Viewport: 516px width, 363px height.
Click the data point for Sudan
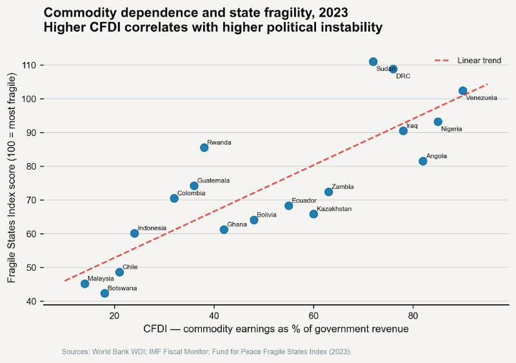tap(373, 62)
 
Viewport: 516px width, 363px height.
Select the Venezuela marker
tap(462, 91)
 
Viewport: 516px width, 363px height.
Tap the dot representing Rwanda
tap(204, 148)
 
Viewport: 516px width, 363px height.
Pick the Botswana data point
tap(104, 293)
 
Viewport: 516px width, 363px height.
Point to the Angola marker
tap(423, 161)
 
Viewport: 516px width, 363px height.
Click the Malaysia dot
tap(84, 284)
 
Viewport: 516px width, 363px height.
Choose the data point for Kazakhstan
tap(313, 214)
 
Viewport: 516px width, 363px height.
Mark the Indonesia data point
tap(134, 233)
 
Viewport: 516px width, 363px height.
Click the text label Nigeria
tap(451, 129)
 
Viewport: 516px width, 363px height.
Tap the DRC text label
tap(402, 76)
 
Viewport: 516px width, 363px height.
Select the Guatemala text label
tap(213, 181)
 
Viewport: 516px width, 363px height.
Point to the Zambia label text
tap(342, 187)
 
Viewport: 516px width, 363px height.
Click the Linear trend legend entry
tap(479, 61)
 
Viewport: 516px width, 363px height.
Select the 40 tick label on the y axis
tap(32, 301)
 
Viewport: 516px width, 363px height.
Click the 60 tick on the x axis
tap(313, 315)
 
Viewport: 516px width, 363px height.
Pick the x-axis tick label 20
tap(114, 315)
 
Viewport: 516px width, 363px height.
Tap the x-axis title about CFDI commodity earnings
tap(276, 329)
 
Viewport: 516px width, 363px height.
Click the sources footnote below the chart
tap(206, 352)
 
